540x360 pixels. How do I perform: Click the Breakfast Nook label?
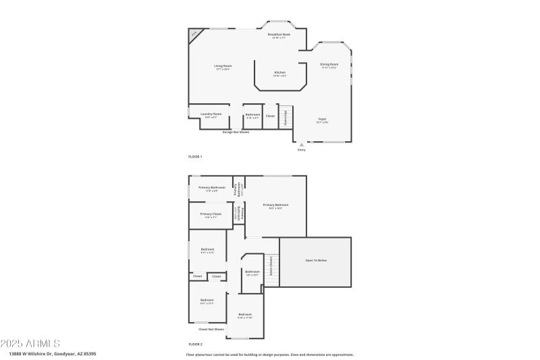[x=279, y=35]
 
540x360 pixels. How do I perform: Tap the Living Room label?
[x=223, y=67]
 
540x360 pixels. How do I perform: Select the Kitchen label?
[x=279, y=74]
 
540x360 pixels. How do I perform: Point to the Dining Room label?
[x=329, y=66]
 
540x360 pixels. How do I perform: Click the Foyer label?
[x=323, y=120]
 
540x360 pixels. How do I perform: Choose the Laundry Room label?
[x=211, y=115]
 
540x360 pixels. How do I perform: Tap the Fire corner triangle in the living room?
[x=194, y=34]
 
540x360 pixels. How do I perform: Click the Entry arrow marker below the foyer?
[x=301, y=144]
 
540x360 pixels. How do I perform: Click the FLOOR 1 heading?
[x=195, y=156]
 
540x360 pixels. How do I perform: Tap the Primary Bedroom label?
[x=276, y=205]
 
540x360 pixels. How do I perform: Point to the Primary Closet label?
[x=211, y=215]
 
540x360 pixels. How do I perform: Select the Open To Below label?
[x=316, y=261]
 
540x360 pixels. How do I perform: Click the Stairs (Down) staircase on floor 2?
[x=271, y=269]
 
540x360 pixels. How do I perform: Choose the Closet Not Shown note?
[x=211, y=329]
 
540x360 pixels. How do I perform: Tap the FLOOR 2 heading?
[x=195, y=344]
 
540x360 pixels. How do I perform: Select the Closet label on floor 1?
[x=270, y=116]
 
